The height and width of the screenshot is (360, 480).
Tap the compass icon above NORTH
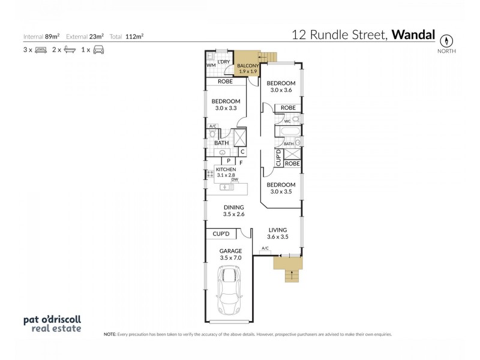coord(446,41)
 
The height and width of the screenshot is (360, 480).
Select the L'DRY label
coord(224,62)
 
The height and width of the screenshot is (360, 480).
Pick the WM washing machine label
coord(211,65)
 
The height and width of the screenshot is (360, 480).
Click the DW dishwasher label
coord(235,179)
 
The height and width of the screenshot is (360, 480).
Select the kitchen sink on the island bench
coord(227,187)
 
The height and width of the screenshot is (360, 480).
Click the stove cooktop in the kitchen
coord(210,174)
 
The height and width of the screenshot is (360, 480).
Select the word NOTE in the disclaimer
coord(110,334)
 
